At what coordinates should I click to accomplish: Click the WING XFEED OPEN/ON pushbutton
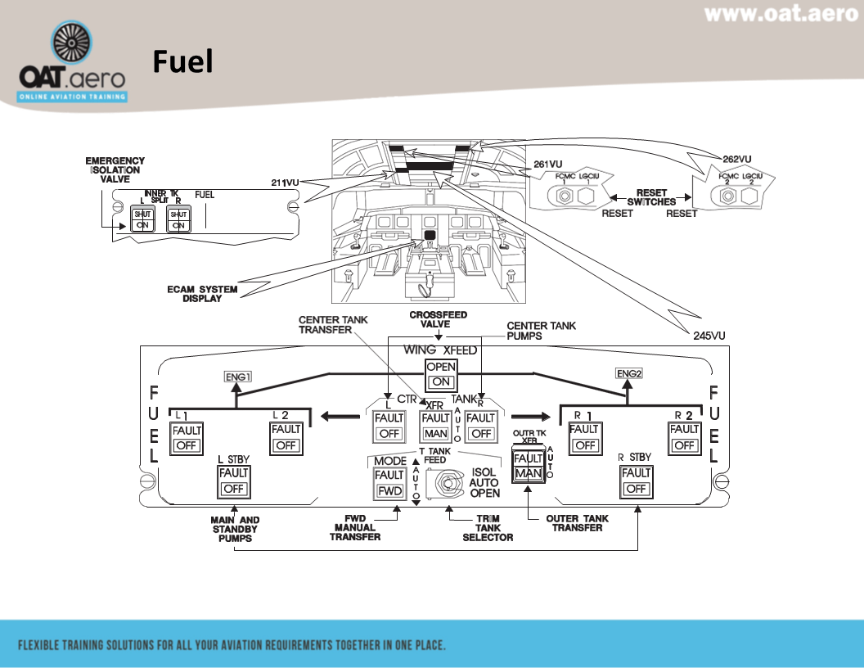click(x=442, y=374)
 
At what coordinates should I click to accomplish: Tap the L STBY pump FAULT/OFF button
click(x=234, y=481)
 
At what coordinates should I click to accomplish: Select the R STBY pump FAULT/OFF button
click(x=636, y=481)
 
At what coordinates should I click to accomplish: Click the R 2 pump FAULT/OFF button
click(x=684, y=437)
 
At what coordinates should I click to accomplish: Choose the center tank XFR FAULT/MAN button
click(x=435, y=426)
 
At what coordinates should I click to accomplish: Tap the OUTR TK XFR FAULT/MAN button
click(x=527, y=465)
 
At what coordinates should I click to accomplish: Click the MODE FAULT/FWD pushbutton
click(x=389, y=483)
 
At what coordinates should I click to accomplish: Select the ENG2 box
click(x=628, y=373)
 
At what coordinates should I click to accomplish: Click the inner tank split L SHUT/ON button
click(x=142, y=219)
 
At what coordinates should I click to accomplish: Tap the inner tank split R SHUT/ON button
click(x=178, y=219)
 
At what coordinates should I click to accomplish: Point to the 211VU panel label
click(x=286, y=183)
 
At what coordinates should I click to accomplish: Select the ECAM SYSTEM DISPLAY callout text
click(x=202, y=294)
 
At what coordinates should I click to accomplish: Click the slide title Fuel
click(x=182, y=62)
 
